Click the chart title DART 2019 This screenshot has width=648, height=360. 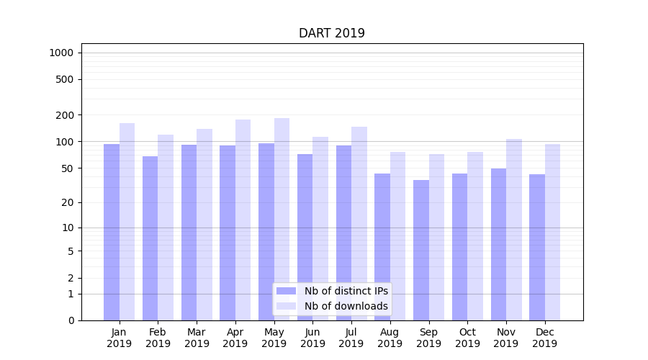tap(331, 33)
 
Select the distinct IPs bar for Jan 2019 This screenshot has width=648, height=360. tap(112, 232)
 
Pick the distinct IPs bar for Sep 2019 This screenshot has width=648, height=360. tap(421, 250)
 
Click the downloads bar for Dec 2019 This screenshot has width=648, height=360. tap(552, 232)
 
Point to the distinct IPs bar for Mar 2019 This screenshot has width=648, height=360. tap(189, 232)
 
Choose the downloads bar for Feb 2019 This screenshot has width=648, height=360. tap(166, 227)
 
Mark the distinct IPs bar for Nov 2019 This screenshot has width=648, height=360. tap(498, 244)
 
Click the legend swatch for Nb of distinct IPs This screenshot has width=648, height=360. tap(286, 291)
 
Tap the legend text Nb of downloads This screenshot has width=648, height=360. tap(346, 306)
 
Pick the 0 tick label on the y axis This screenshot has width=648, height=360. tap(71, 320)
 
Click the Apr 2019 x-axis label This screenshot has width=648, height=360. tap(235, 338)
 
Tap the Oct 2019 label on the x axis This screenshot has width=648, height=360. tap(467, 338)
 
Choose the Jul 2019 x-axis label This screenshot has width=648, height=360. tap(351, 338)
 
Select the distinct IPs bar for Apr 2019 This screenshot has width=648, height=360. tap(228, 233)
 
